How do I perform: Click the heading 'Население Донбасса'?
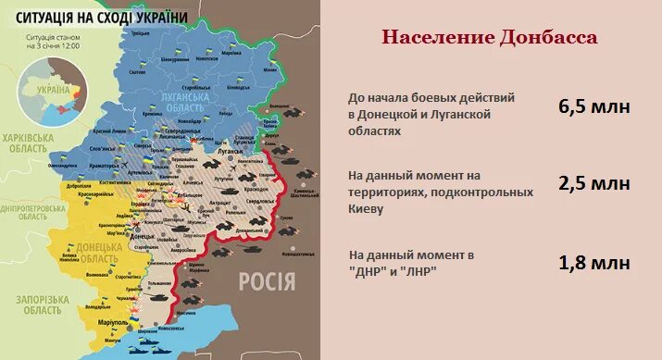pos(490,37)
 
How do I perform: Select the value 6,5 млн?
pos(593,106)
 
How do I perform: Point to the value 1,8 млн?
pos(593,262)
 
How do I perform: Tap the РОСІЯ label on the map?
pos(267,281)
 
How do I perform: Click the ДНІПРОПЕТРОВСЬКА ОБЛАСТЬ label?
pos(31,212)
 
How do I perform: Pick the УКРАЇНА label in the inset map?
pos(52,90)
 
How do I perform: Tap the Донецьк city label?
pos(143,237)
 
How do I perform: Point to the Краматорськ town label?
pos(96,195)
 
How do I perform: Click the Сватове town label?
pos(139,71)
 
